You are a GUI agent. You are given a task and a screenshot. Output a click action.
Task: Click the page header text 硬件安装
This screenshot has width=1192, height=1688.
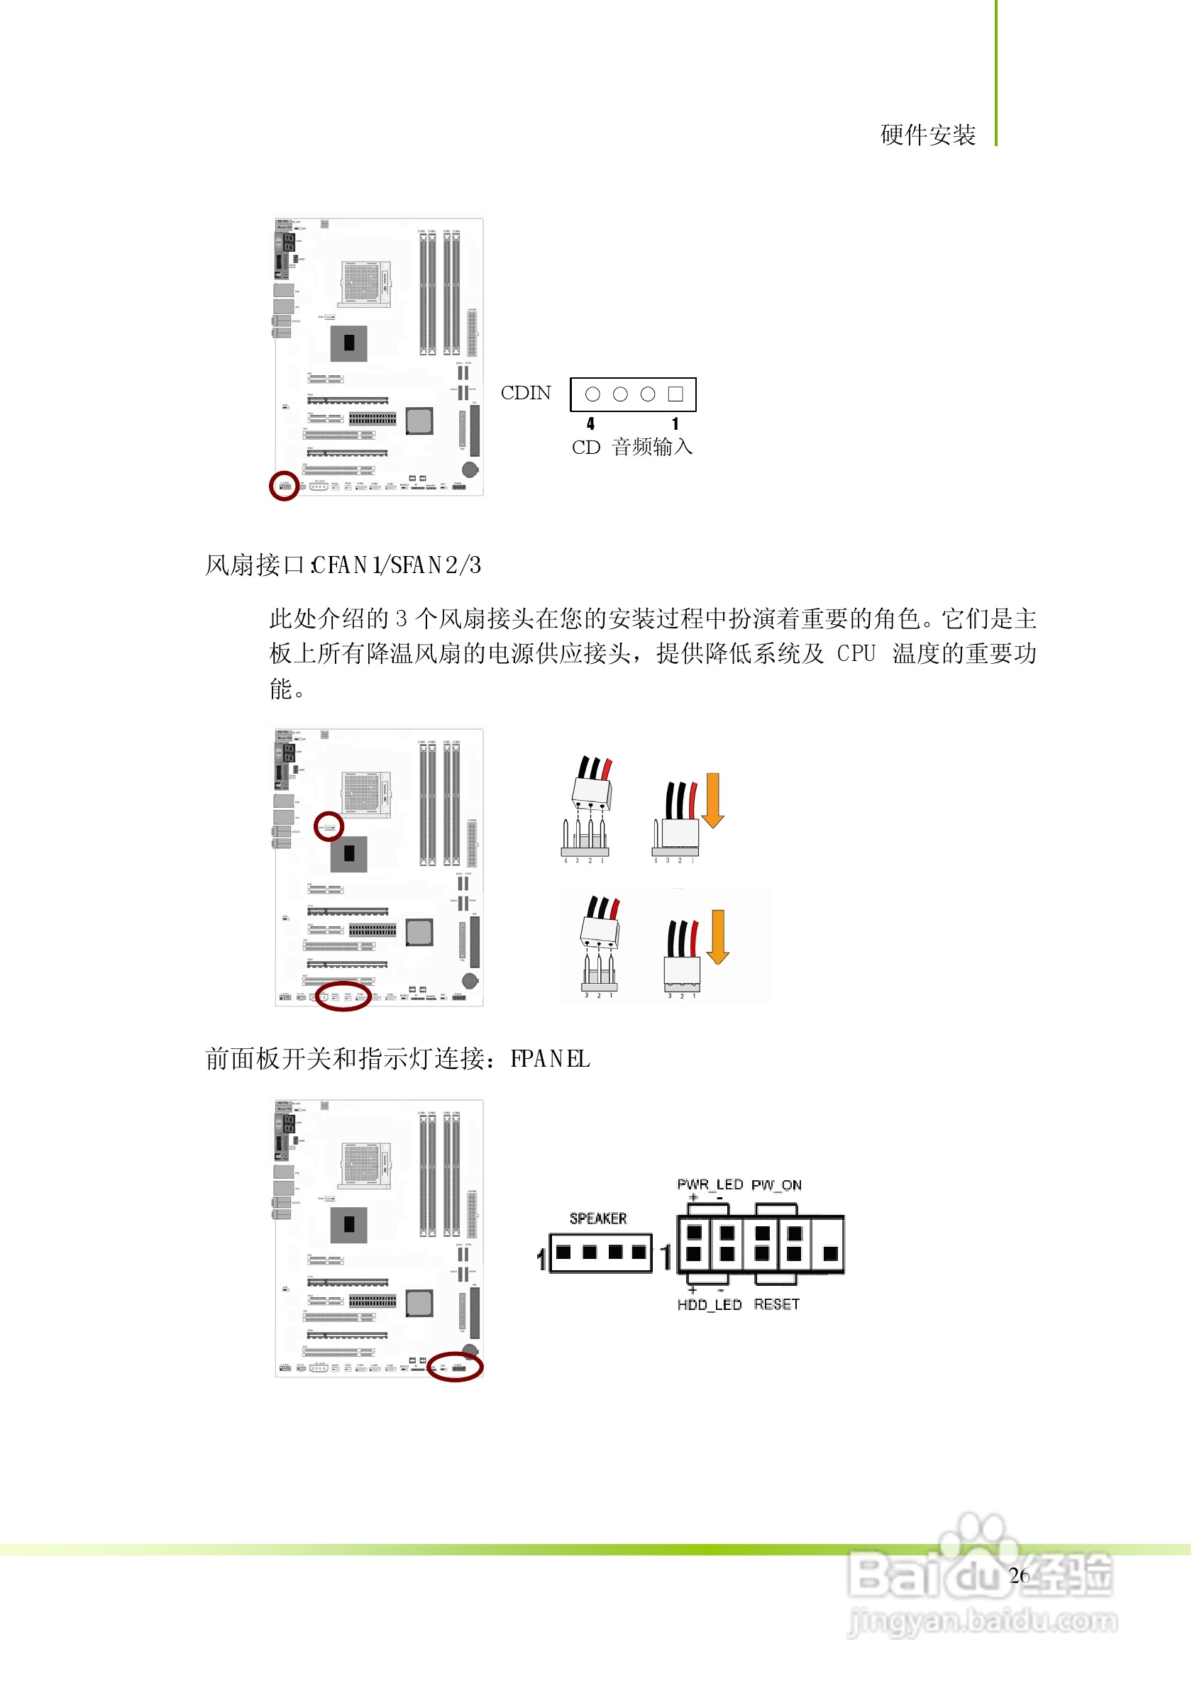(x=928, y=135)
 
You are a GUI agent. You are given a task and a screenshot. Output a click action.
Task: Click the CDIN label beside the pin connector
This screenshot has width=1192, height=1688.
(x=526, y=394)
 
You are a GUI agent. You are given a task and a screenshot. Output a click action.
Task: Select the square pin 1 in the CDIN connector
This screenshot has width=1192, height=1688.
(x=675, y=395)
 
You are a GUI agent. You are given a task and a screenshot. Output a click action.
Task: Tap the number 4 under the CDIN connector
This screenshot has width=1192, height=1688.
(x=590, y=423)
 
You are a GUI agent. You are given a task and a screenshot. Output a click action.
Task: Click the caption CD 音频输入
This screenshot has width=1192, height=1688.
(x=632, y=447)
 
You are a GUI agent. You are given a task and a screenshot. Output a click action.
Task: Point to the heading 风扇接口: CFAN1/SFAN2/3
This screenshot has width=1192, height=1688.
(x=343, y=565)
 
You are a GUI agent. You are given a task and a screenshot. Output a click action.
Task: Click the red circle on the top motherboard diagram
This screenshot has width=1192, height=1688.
(x=284, y=486)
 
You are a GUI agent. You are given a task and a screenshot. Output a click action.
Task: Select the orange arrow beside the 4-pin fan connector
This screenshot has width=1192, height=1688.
(x=712, y=801)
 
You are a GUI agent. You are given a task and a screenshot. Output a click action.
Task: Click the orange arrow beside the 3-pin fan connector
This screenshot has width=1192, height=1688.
(x=718, y=937)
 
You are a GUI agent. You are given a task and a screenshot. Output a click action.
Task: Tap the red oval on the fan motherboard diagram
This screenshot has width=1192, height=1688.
(x=343, y=997)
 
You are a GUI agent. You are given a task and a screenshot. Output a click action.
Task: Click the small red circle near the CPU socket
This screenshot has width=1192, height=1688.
(x=329, y=826)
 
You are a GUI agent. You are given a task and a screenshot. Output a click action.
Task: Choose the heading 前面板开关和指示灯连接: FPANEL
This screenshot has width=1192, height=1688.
(x=397, y=1060)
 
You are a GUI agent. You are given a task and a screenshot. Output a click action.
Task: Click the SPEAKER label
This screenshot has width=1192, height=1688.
(x=598, y=1219)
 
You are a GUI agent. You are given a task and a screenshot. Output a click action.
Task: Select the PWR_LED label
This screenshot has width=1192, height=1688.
(x=710, y=1184)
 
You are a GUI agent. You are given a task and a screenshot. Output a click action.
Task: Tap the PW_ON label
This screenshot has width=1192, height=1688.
(x=776, y=1185)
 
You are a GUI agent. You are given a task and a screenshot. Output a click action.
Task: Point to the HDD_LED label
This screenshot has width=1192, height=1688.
(x=710, y=1305)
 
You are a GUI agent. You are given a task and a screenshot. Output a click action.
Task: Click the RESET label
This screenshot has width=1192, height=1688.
(x=776, y=1305)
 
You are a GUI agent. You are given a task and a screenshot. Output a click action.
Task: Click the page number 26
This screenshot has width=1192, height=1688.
(x=1019, y=1575)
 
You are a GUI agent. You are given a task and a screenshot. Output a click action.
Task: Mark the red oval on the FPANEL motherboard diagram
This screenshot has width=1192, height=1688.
(x=456, y=1367)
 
